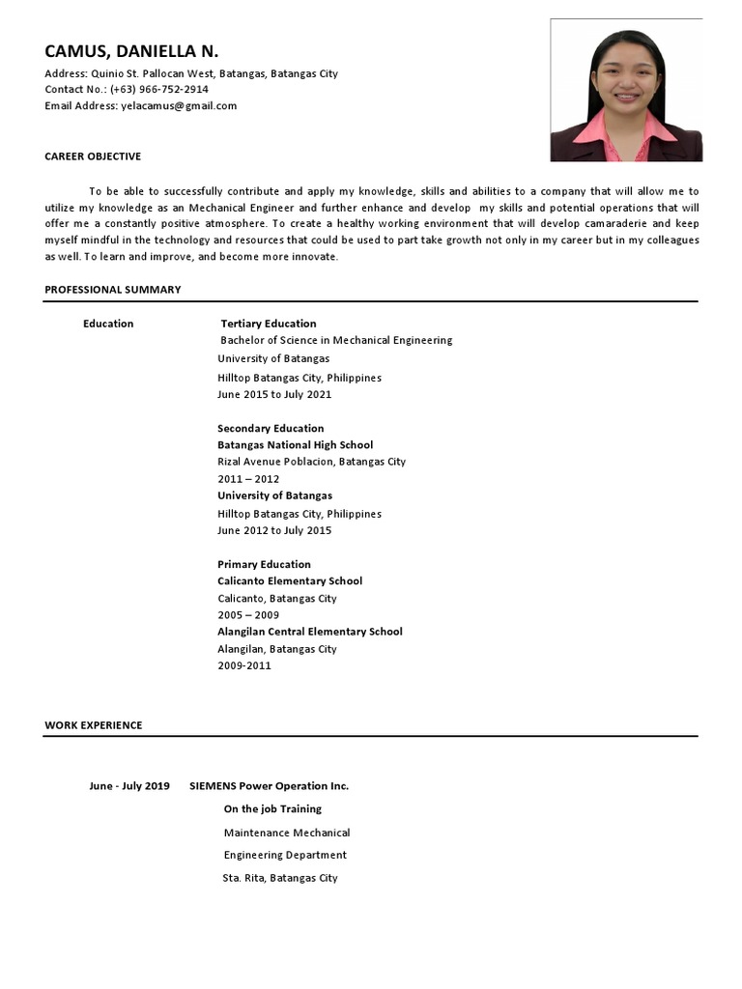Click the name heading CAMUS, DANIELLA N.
131,51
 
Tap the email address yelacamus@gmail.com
179,106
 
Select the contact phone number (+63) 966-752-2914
159,90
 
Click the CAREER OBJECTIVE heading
93,156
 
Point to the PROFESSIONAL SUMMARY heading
112,290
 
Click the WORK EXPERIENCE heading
93,725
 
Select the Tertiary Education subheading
269,324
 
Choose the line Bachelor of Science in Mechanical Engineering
336,340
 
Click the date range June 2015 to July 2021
274,394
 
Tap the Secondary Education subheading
271,428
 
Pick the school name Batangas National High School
295,445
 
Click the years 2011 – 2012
248,479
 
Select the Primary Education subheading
264,564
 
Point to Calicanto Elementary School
290,581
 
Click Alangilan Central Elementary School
309,632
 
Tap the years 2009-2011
244,665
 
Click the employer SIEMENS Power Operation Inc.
269,786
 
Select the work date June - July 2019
129,786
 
